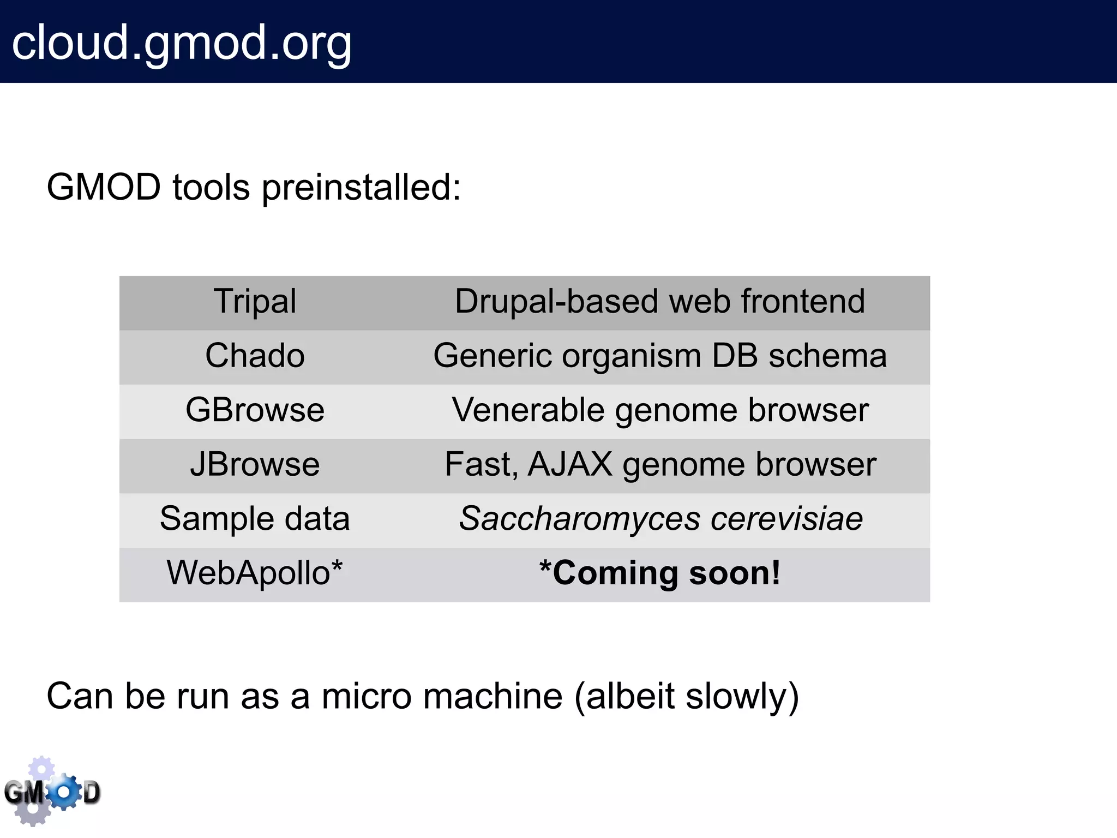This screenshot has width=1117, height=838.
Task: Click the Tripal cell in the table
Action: [255, 301]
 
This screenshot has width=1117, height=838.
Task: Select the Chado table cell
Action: [255, 356]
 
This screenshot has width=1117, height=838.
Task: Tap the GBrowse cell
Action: [255, 410]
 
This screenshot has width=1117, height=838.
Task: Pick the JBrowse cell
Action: [255, 465]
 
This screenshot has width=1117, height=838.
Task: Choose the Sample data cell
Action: [255, 518]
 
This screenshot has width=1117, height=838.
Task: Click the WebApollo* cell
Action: [255, 573]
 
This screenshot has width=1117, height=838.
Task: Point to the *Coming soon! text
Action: [660, 573]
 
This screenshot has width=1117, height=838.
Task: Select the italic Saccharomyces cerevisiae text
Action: [660, 518]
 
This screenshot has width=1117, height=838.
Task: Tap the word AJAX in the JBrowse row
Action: [570, 465]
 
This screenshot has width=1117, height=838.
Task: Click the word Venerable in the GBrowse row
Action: [527, 410]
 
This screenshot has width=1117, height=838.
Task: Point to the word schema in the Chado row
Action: [827, 356]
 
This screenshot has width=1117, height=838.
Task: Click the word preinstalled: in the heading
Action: [361, 188]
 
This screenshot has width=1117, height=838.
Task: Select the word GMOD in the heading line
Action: [104, 188]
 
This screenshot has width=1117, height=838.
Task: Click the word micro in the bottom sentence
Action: [366, 697]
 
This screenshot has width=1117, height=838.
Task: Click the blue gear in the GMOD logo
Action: [64, 791]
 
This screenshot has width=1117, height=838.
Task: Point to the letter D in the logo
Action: [92, 793]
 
